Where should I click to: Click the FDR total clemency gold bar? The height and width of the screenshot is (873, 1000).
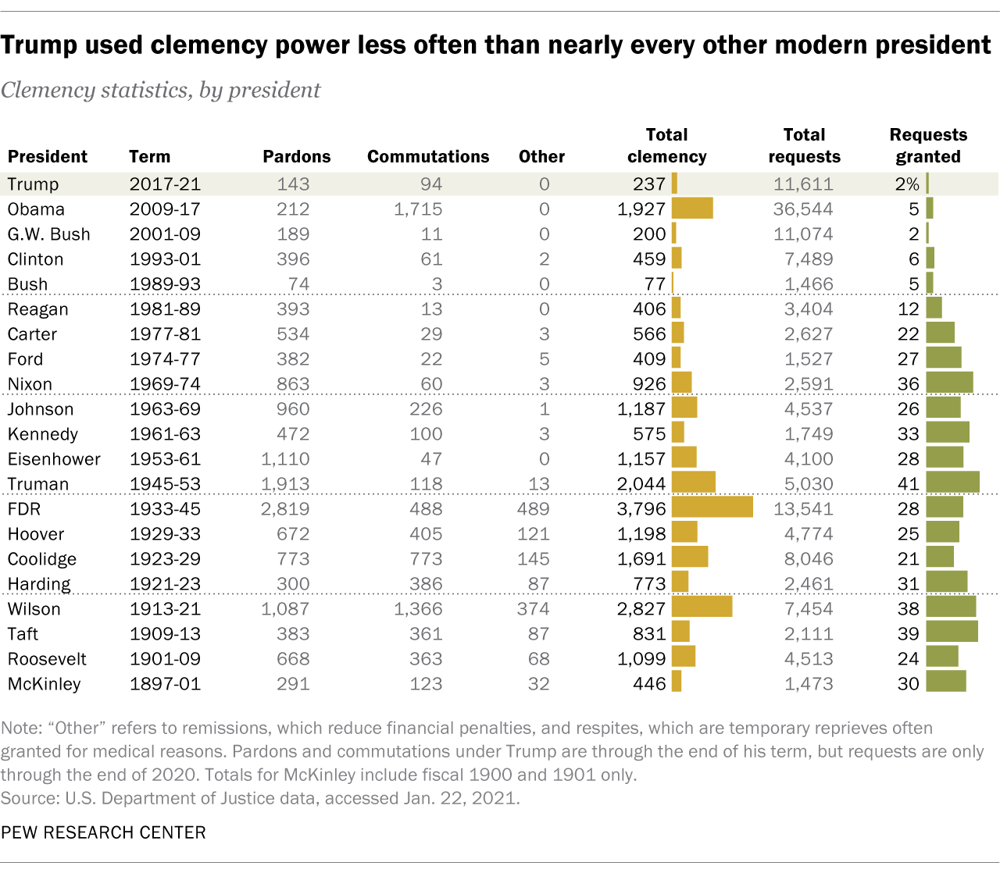coord(712,508)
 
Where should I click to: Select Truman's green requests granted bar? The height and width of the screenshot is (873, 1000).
coord(952,483)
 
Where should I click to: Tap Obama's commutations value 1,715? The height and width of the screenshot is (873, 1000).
coord(418,209)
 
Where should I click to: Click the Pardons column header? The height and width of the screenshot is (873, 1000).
coord(296,156)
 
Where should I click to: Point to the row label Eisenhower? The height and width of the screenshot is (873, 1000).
coord(54,459)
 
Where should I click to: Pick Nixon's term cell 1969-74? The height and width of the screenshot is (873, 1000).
coord(165,384)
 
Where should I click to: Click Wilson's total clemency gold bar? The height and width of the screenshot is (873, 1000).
coord(702,608)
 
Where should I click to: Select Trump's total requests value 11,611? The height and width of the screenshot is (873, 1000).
coord(804,184)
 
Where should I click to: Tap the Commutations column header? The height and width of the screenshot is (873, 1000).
coord(428,156)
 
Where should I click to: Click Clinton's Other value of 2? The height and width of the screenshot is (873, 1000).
coord(545,259)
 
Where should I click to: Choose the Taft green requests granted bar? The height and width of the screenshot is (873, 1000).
coord(952,632)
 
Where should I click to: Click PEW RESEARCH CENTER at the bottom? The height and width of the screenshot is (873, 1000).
coord(103,832)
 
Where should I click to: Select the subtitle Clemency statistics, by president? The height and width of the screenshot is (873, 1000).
coord(161,90)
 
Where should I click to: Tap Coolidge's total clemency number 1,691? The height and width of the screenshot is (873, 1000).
coord(641,559)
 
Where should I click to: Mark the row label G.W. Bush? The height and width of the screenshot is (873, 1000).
coord(48,234)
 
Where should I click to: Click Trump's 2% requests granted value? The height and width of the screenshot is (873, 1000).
coord(907,184)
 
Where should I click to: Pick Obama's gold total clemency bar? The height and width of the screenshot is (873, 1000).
coord(692,208)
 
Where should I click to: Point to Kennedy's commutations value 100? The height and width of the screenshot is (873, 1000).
coord(426,434)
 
